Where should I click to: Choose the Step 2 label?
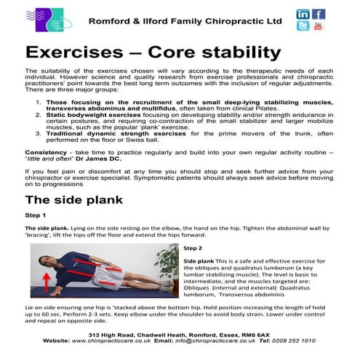click(193, 247)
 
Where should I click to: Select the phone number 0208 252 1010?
click(313, 340)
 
